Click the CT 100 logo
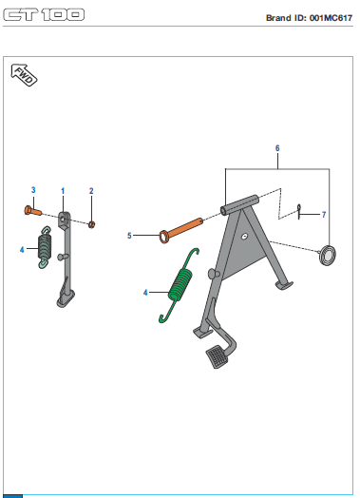pos(44,14)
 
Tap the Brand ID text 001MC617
pos(331,18)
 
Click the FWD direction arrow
pos(24,75)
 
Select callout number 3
pos(33,190)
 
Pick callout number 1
pos(63,191)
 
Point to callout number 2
pos(91,191)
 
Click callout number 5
pos(129,236)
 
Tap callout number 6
pos(277,148)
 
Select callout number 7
pos(324,215)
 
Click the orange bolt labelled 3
pos(32,210)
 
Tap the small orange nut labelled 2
pos(92,224)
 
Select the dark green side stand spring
pos(45,247)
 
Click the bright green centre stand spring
pos(180,284)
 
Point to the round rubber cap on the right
pos(328,255)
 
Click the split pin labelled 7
pos(299,211)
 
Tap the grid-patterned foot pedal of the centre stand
pos(218,355)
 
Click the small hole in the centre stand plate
pos(244,237)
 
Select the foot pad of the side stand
pos(66,298)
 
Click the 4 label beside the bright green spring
pos(145,293)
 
